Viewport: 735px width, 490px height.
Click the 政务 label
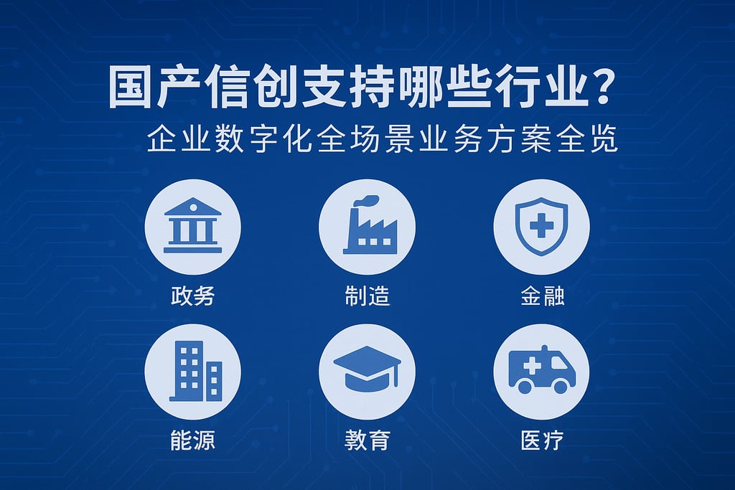coord(192,296)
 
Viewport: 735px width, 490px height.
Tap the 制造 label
coord(367,296)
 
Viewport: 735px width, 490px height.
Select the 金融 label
coord(543,296)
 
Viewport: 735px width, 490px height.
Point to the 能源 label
coord(192,440)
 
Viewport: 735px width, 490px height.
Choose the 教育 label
coord(367,440)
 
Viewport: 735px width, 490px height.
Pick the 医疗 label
coord(543,440)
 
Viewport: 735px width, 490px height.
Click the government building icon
coord(192,225)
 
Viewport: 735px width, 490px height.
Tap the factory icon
coord(370,225)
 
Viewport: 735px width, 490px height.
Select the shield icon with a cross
coord(541,226)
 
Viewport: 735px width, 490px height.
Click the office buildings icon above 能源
coord(195,370)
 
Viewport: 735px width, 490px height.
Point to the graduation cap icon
coord(367,368)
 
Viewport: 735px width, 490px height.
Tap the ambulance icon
coord(543,369)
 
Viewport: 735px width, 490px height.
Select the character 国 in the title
coord(130,88)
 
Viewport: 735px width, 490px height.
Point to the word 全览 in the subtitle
coord(587,138)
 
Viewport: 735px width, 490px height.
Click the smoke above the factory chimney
coord(366,200)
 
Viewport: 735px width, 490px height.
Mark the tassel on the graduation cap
coord(396,375)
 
